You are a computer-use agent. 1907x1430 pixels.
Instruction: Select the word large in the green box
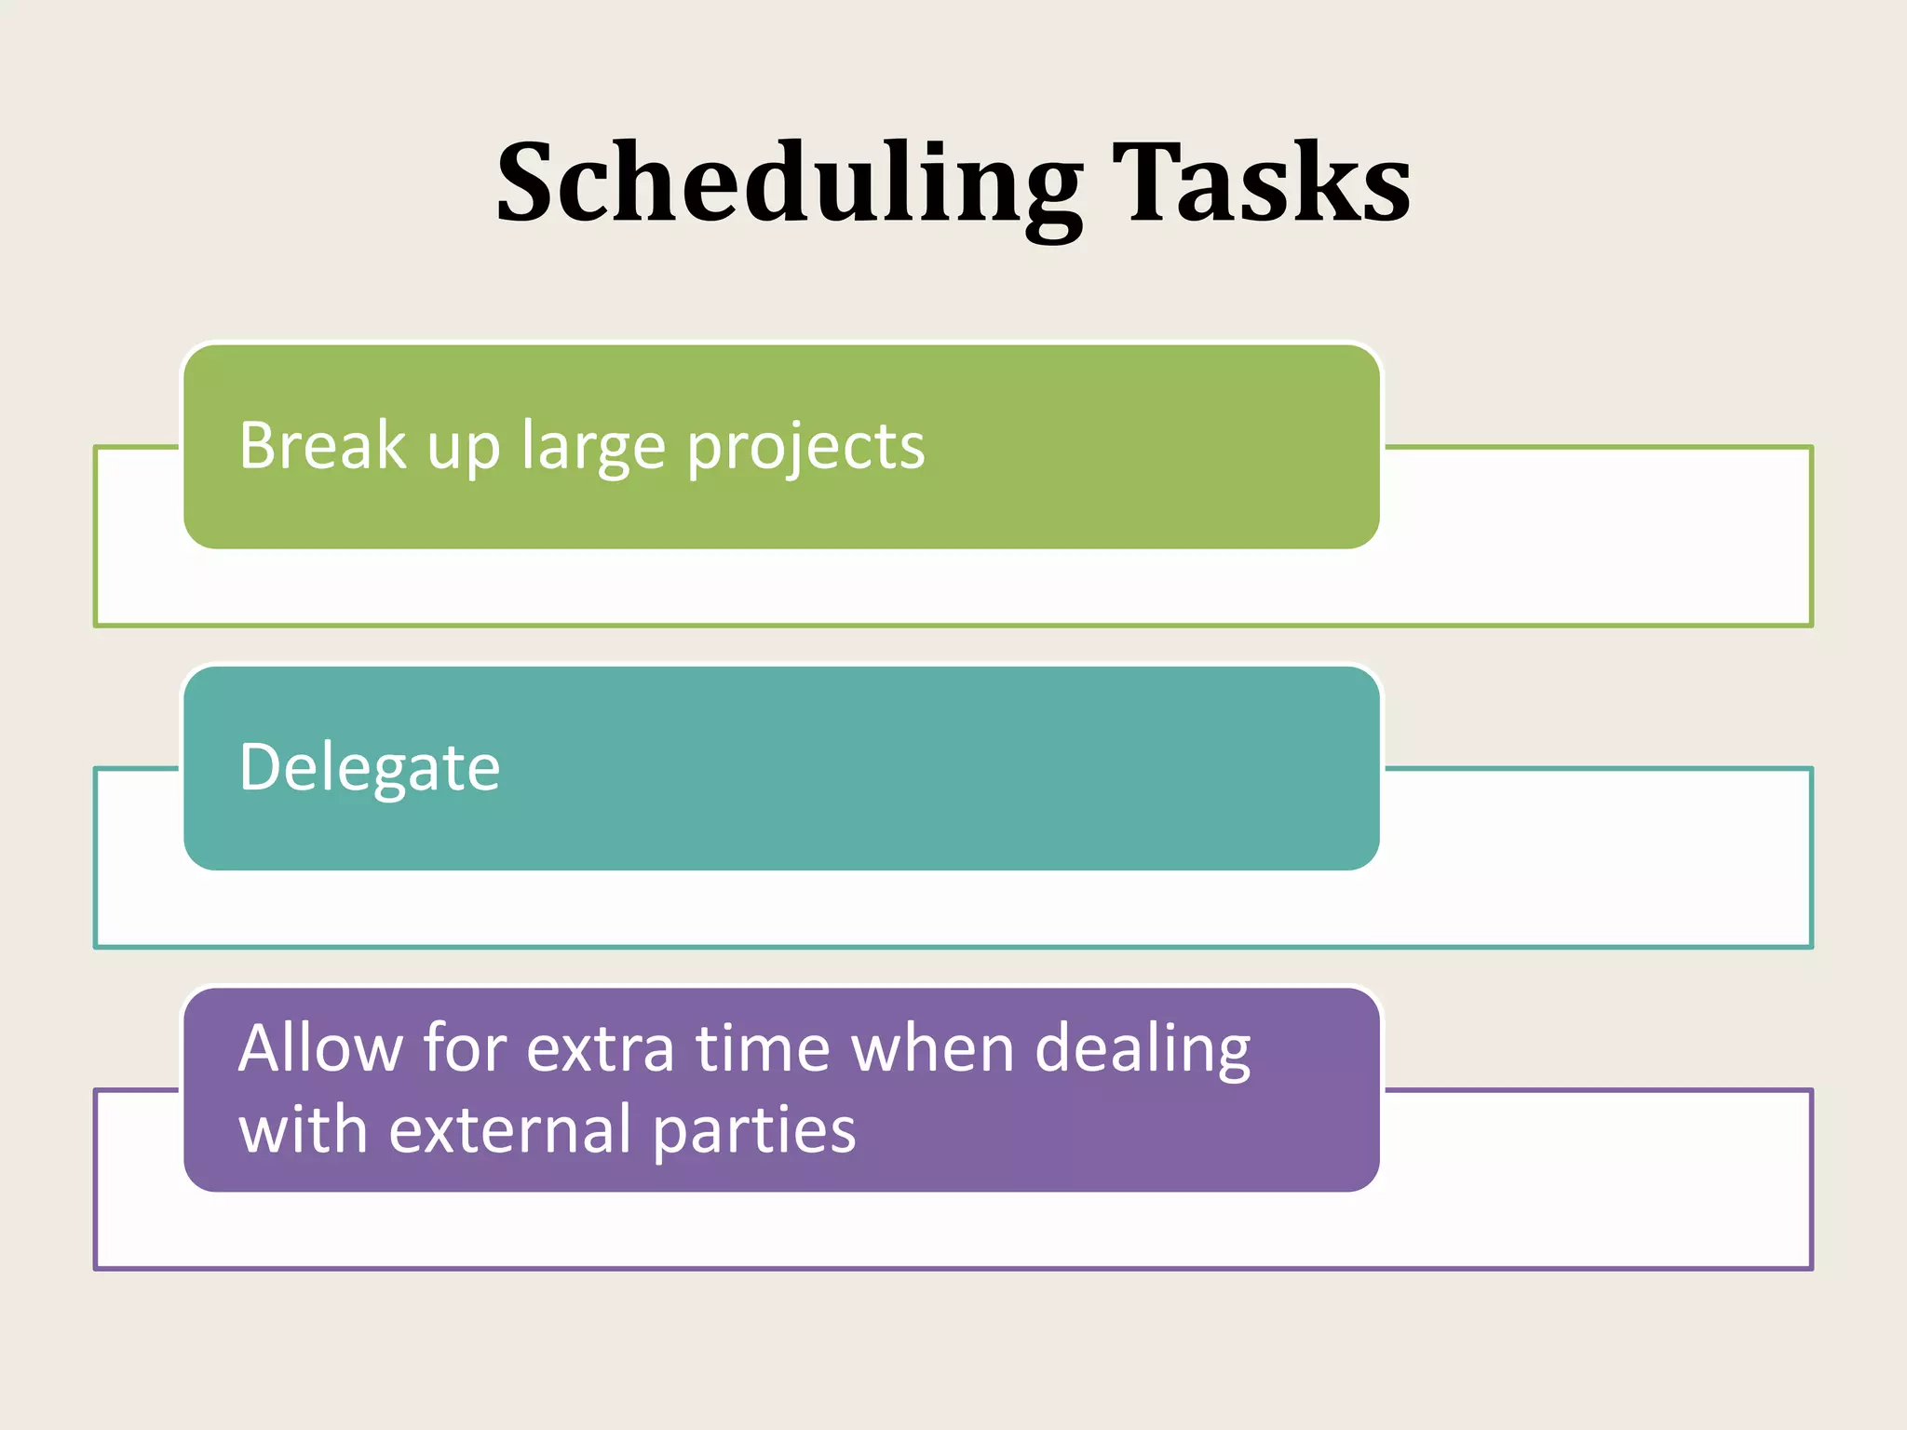(x=593, y=447)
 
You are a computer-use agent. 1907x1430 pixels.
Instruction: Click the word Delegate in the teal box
(x=370, y=768)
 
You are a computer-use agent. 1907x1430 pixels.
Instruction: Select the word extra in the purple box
(x=600, y=1049)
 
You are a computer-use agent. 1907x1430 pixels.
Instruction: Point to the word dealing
(x=1143, y=1049)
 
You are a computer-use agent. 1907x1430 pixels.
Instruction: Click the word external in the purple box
(x=509, y=1129)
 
